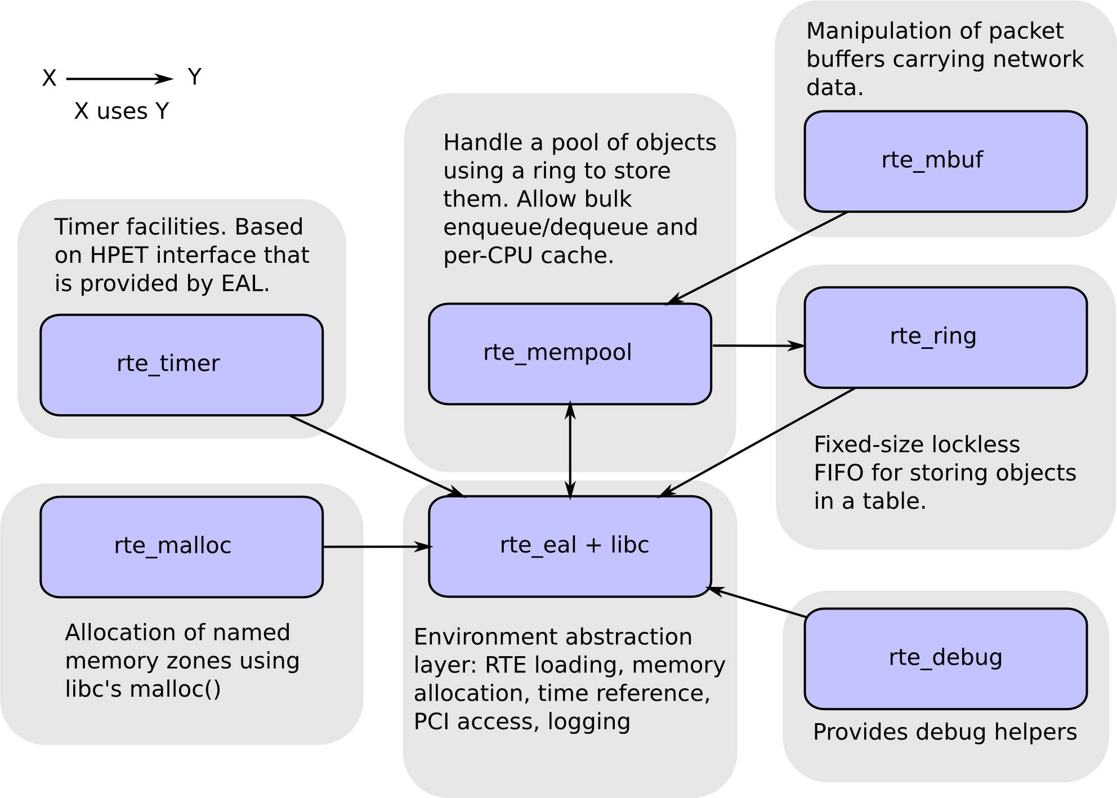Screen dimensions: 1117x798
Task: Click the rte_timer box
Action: click(x=181, y=365)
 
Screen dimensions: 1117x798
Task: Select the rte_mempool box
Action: click(x=570, y=354)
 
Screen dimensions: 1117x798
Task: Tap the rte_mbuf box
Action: click(x=945, y=162)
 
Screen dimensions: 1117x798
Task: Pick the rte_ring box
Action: click(x=945, y=338)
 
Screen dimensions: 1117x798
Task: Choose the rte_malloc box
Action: click(x=181, y=547)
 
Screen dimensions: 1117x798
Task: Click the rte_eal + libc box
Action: click(x=570, y=546)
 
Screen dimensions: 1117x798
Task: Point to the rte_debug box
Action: click(x=945, y=659)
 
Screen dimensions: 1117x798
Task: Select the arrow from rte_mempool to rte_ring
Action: click(x=758, y=346)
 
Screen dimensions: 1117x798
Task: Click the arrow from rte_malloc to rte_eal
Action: click(x=377, y=546)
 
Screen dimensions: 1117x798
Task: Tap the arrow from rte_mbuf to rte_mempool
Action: click(x=757, y=258)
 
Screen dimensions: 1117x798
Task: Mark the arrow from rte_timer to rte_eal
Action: click(x=378, y=456)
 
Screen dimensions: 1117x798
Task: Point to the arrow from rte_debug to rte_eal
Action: click(x=756, y=602)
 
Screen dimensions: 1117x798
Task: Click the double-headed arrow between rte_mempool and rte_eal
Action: click(x=570, y=450)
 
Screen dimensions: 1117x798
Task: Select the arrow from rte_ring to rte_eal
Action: click(x=757, y=442)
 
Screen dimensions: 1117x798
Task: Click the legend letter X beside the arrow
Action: click(x=50, y=78)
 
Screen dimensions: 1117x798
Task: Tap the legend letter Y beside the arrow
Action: click(x=194, y=77)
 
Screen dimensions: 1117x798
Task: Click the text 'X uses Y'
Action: click(x=122, y=111)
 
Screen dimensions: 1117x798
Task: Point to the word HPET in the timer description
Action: click(x=119, y=255)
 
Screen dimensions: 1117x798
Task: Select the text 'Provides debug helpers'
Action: click(x=945, y=732)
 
